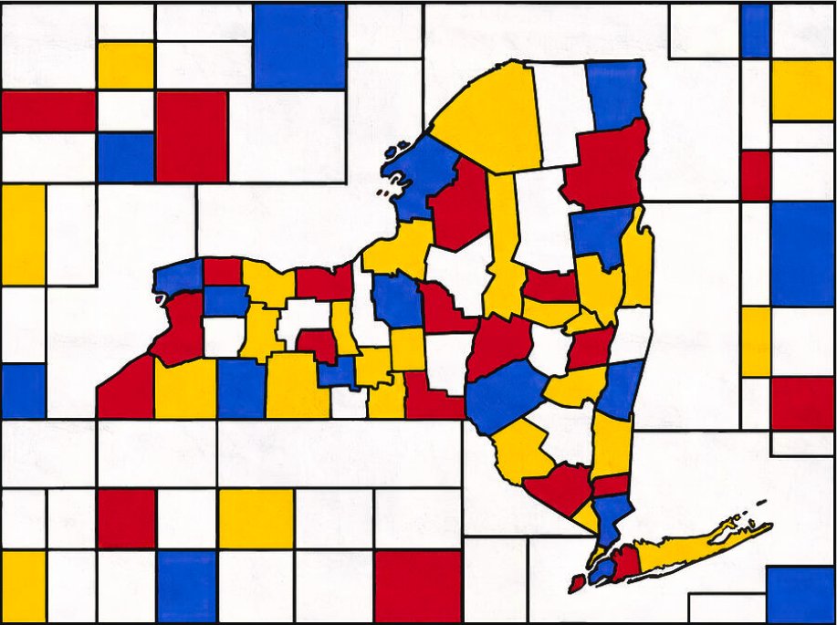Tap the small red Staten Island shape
576,582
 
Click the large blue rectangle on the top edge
298,46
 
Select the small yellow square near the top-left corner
125,65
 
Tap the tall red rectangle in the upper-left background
191,137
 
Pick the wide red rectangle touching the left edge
48,111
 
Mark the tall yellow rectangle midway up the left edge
23,234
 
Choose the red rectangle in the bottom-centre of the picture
417,584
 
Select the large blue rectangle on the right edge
801,253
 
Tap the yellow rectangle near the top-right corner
801,89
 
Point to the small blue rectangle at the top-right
755,31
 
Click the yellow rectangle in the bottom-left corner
23,584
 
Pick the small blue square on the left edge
23,391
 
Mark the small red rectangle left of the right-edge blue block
755,175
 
